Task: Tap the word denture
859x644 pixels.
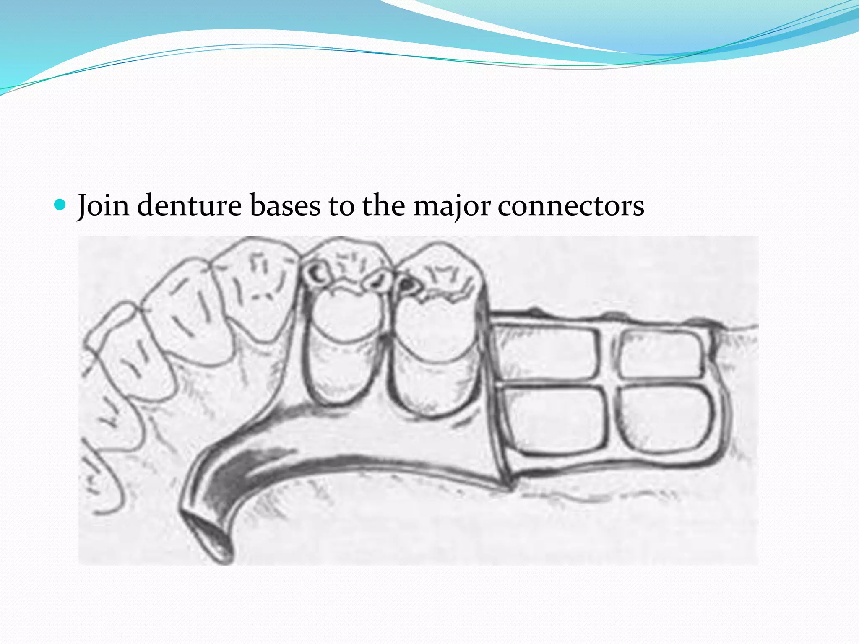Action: point(189,205)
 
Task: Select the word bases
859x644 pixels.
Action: point(285,205)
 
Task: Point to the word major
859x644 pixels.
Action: point(452,205)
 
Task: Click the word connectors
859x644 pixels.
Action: point(571,205)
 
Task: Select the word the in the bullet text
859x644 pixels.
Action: point(384,205)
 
